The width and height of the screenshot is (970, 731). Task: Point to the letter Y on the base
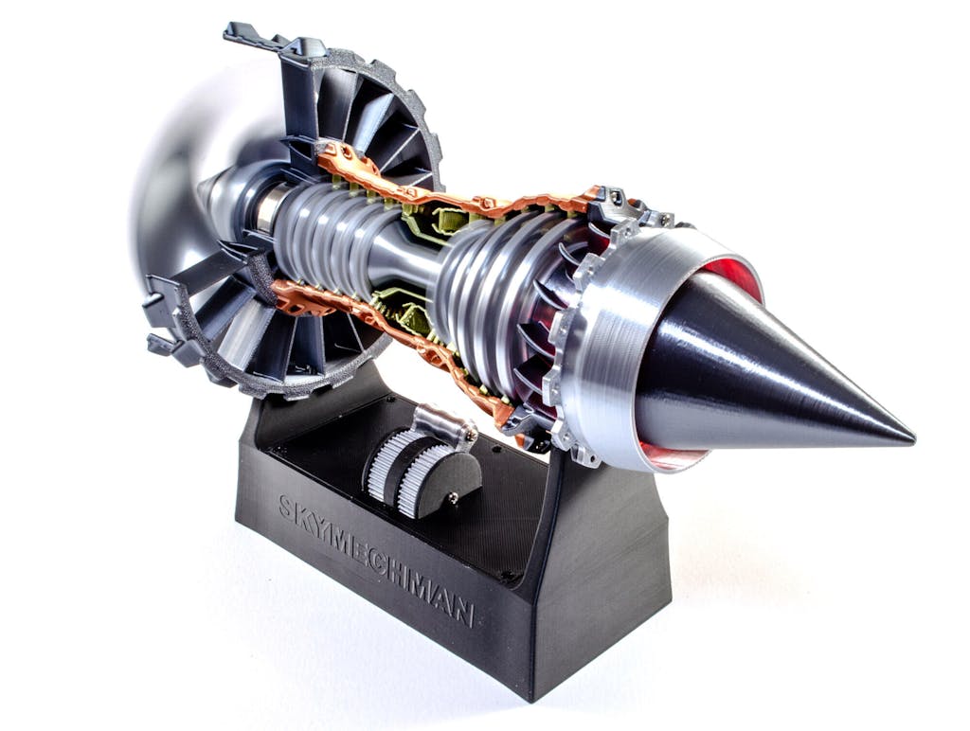coord(319,526)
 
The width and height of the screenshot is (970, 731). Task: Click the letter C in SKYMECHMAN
coord(377,561)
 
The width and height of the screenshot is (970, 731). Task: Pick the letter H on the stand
coord(395,571)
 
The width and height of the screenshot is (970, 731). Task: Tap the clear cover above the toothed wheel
coord(444,423)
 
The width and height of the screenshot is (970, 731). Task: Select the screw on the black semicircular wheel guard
coord(454,496)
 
